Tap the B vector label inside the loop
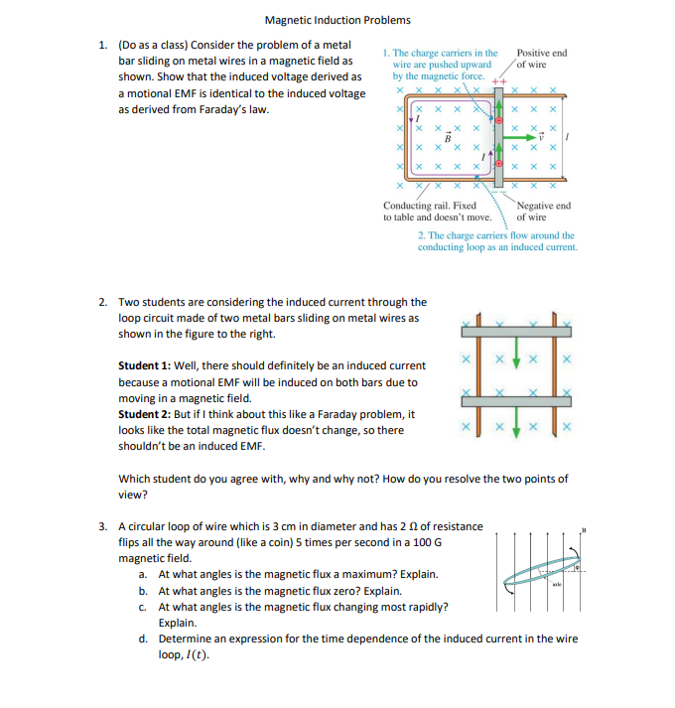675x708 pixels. point(448,137)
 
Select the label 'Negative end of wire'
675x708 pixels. point(544,211)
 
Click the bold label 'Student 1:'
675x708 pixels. point(144,366)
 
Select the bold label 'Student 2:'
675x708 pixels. point(144,414)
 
